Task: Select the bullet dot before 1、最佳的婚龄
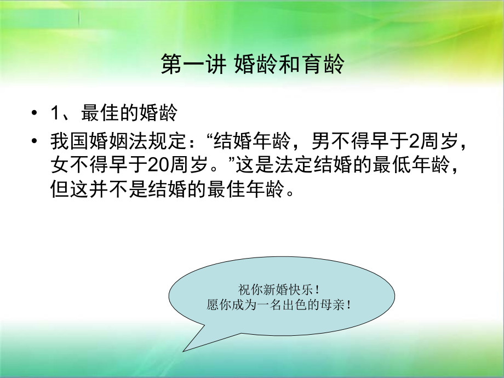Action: pyautogui.click(x=36, y=113)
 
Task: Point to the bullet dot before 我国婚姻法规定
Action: pyautogui.click(x=36, y=141)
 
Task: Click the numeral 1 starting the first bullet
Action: pyautogui.click(x=55, y=113)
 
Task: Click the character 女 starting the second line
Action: pyautogui.click(x=59, y=163)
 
